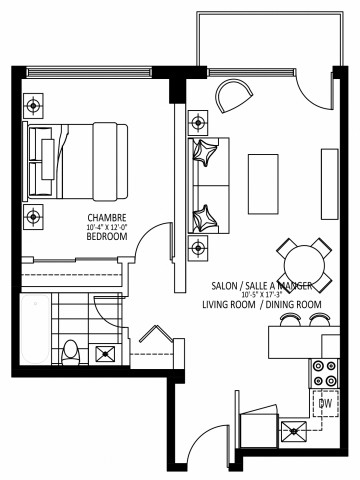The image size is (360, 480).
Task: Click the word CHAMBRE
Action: [x=106, y=218]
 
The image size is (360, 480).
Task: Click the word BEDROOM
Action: [x=106, y=238]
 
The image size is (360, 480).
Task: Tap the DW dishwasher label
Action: [x=325, y=403]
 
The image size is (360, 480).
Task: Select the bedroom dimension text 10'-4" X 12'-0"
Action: [x=107, y=228]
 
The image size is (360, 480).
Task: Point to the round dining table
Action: [x=303, y=261]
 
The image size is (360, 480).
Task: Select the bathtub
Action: [x=29, y=330]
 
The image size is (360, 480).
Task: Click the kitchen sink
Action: [x=295, y=432]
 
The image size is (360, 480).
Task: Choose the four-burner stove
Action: [x=326, y=373]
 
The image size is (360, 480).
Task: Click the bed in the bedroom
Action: [x=78, y=159]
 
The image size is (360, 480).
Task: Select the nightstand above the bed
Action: [x=35, y=103]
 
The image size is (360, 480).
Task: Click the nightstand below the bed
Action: [x=35, y=215]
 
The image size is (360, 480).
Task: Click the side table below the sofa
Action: [x=200, y=245]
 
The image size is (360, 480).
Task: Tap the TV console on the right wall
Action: [x=328, y=177]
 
